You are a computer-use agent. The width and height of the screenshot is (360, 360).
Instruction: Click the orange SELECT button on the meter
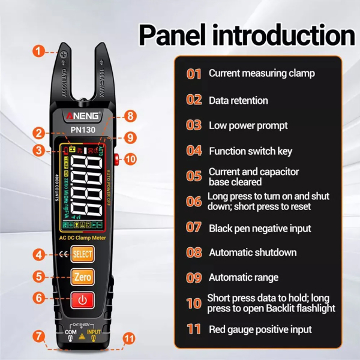click(82, 254)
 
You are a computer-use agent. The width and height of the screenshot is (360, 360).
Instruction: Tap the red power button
click(82, 298)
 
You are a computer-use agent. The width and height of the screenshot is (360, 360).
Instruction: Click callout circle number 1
click(39, 52)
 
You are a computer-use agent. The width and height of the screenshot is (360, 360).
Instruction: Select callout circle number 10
click(130, 159)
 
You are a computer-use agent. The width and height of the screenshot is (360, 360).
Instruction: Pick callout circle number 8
click(130, 116)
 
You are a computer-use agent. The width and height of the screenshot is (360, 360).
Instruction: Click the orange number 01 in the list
click(194, 74)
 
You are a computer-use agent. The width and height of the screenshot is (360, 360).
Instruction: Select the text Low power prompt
click(239, 126)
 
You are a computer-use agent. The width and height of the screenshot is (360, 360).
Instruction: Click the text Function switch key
click(250, 151)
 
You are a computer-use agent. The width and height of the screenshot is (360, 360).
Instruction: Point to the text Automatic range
click(243, 278)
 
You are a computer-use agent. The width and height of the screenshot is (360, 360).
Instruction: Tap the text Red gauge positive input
click(260, 329)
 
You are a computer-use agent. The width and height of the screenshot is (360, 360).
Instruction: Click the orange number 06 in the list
click(194, 202)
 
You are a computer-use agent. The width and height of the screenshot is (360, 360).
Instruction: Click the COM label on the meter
click(70, 331)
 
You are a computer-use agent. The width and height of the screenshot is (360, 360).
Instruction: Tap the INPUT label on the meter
click(95, 331)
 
